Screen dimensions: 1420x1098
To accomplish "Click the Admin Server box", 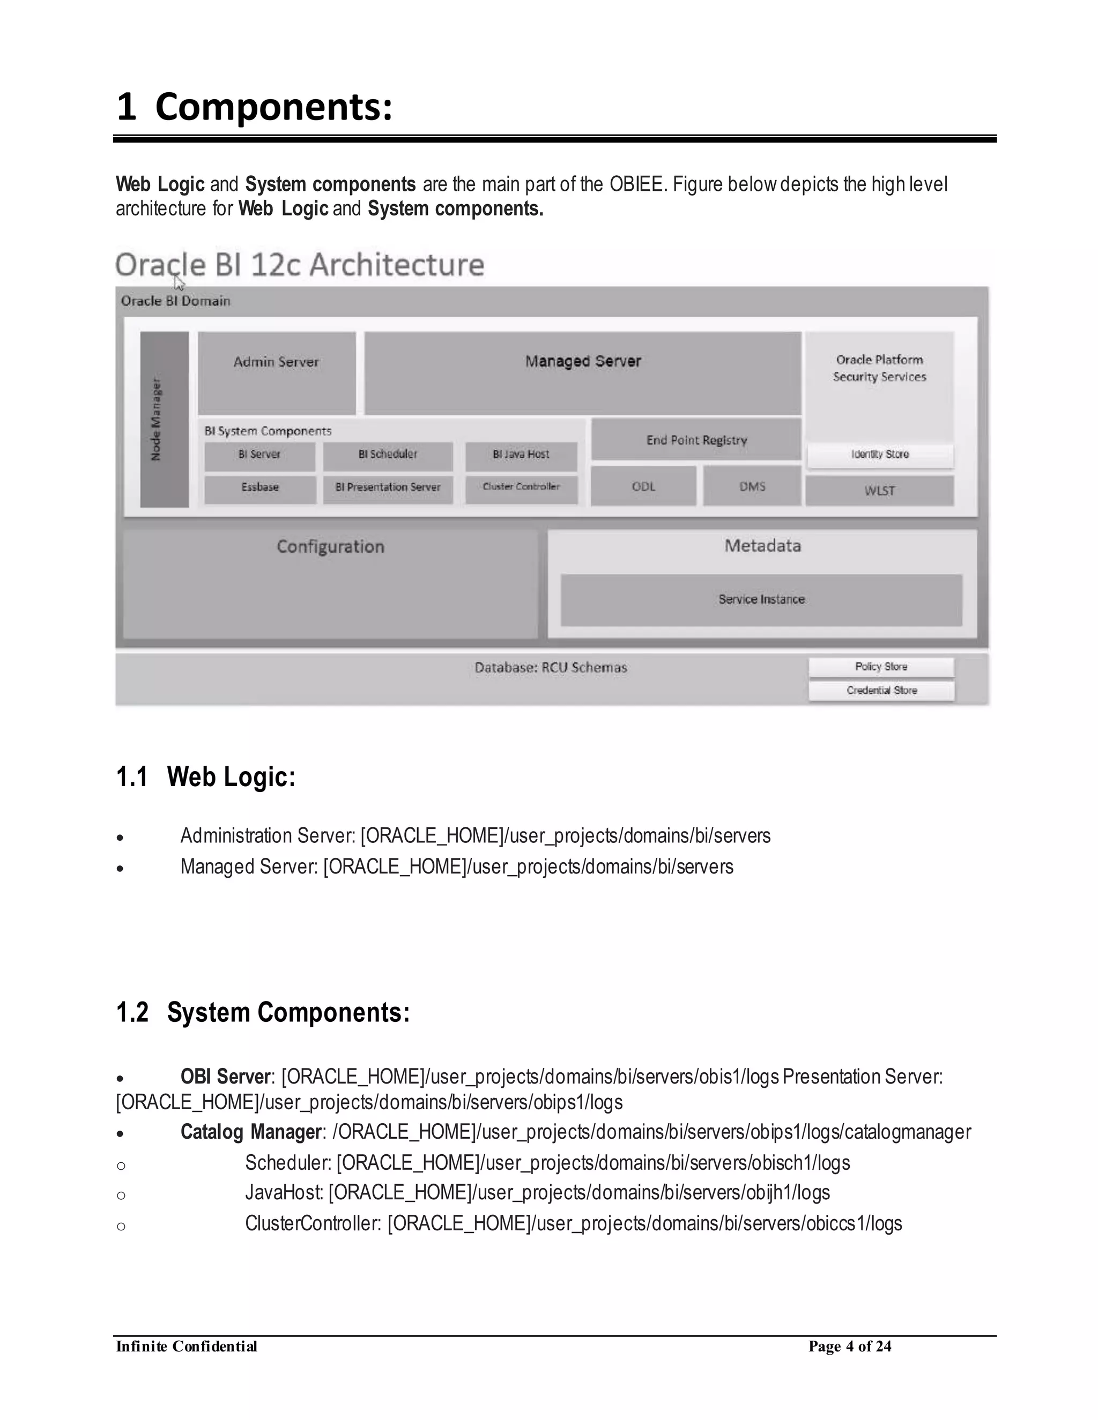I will [277, 372].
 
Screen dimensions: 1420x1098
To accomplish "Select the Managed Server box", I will [583, 372].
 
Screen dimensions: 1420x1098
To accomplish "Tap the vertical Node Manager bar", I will [164, 420].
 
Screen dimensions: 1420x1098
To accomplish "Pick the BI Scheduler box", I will [388, 455].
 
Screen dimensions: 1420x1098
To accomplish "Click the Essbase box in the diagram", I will [259, 488].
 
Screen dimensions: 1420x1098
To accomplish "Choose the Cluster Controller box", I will [521, 488].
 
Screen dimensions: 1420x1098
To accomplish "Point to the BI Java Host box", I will [521, 455].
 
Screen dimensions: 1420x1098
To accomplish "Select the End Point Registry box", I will [696, 440].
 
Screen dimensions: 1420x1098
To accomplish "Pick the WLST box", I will [879, 491].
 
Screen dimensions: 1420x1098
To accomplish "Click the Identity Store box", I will [880, 455].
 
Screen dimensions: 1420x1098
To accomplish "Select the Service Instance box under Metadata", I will [761, 600].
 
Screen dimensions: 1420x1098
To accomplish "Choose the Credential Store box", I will [881, 691].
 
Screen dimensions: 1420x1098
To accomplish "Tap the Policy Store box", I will [881, 667].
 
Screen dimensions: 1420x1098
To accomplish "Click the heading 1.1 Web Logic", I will [205, 777].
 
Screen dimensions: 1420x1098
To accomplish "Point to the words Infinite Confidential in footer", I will [187, 1346].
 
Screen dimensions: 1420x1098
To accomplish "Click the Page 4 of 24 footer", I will [850, 1346].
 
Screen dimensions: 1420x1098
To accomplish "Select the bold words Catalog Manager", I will [251, 1132].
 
